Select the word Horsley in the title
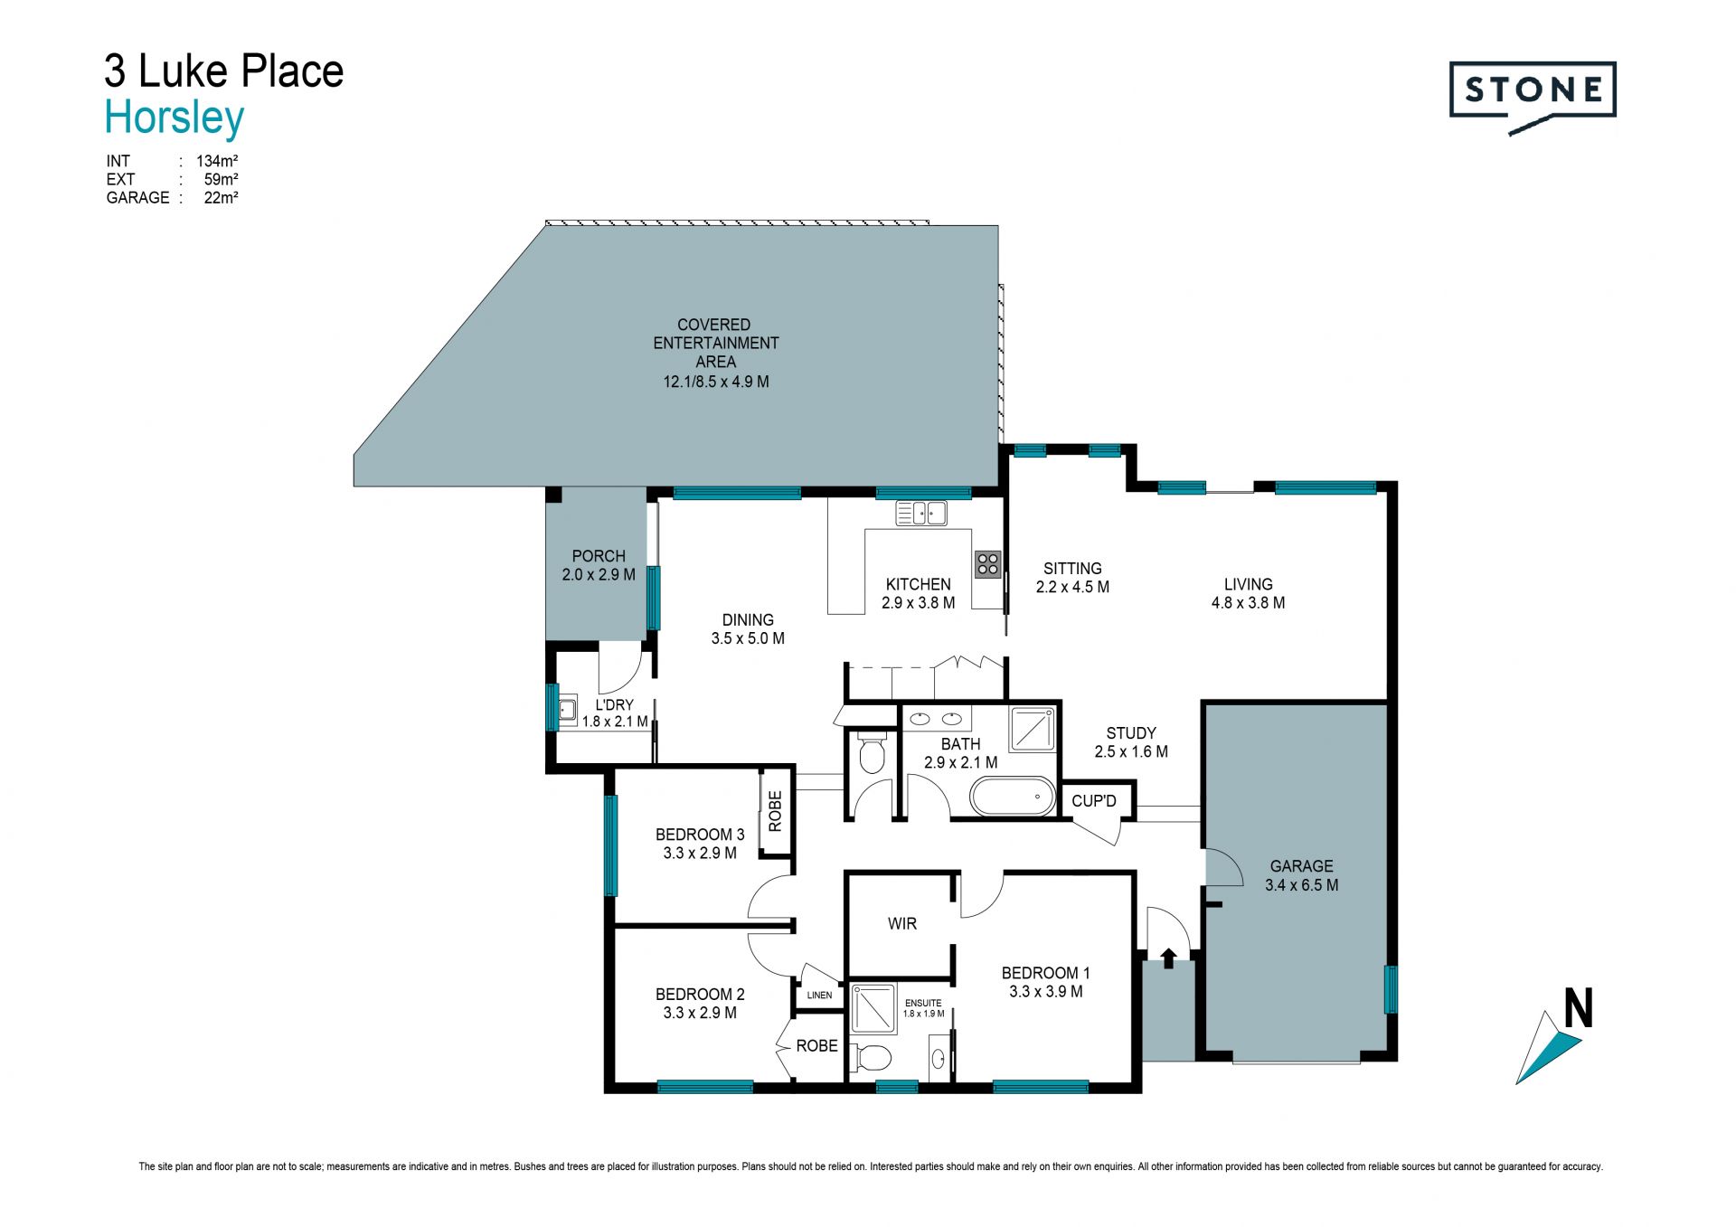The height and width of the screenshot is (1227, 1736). tap(175, 118)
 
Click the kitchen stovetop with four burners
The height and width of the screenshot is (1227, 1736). tap(987, 564)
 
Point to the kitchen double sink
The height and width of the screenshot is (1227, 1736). tap(921, 514)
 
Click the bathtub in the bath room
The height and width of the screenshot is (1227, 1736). tap(1013, 798)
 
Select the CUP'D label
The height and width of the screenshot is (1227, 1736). tap(1094, 801)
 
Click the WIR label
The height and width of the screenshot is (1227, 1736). tap(902, 923)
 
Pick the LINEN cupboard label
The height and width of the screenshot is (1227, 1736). tap(820, 996)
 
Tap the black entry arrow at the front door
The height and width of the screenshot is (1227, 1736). tap(1168, 958)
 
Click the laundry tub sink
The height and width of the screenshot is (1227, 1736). tap(568, 712)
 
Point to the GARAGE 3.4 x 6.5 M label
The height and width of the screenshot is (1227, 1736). tap(1301, 875)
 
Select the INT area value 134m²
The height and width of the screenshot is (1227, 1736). tap(217, 161)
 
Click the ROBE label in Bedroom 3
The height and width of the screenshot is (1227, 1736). tap(775, 811)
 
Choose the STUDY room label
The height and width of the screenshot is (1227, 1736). tap(1131, 733)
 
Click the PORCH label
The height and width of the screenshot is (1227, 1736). tap(599, 556)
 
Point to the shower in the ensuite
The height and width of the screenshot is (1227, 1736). tap(873, 1009)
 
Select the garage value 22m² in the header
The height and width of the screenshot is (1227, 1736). tap(221, 197)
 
